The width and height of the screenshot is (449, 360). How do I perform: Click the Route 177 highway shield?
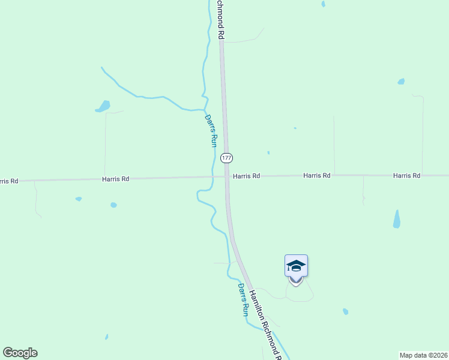point(226,158)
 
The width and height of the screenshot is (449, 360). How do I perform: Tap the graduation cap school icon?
point(296,265)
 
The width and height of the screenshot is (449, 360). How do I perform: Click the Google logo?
point(20,353)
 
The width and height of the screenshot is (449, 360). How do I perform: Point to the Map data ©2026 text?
point(424,355)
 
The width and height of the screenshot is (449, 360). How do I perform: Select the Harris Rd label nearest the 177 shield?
point(247,176)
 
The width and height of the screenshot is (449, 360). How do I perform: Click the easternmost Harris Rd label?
point(407,176)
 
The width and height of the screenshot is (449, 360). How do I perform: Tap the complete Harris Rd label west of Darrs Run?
point(116,179)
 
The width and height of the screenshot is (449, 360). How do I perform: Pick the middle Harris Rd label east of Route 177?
point(317,176)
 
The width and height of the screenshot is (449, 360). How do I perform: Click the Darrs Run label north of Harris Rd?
point(210,131)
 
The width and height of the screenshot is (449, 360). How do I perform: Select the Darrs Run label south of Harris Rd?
point(243,300)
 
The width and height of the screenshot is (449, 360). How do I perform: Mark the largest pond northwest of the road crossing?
point(104,107)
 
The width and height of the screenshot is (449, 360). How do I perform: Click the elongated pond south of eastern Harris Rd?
point(396,219)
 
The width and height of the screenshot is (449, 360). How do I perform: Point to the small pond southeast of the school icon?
point(345,311)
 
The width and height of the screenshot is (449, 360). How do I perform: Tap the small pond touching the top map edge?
point(323,4)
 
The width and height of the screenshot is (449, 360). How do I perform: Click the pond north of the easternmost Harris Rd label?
point(401,82)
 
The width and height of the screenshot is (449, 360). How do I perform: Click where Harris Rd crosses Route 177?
point(227,176)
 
